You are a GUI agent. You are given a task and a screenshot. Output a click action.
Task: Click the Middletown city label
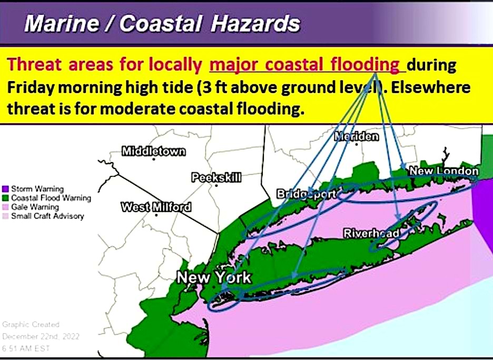[x=153, y=152]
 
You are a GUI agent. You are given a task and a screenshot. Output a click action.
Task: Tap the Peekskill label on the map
[x=216, y=177]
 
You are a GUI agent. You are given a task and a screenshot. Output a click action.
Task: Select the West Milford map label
[x=156, y=207]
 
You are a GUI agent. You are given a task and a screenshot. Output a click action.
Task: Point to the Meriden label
[x=357, y=136]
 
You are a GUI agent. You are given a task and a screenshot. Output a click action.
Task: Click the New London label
[x=443, y=171]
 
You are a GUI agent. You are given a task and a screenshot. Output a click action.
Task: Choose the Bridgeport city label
[x=307, y=194]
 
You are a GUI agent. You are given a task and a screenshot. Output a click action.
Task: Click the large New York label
[x=214, y=277]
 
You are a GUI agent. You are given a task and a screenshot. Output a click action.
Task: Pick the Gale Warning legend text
[x=34, y=207]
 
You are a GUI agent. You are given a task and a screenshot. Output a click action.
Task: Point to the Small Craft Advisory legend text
[x=47, y=216]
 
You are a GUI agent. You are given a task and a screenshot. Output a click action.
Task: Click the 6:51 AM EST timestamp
[x=24, y=347]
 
